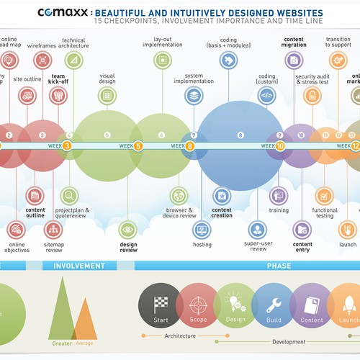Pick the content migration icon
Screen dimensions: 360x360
tap(293, 60)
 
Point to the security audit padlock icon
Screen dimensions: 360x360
tap(312, 96)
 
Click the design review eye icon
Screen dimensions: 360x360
tap(128, 230)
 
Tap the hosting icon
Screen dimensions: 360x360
tap(202, 230)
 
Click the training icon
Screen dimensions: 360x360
tap(279, 195)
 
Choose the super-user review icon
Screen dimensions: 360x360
tap(257, 230)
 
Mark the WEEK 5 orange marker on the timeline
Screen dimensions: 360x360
tap(138, 145)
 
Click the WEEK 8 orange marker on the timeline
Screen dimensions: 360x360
tap(190, 145)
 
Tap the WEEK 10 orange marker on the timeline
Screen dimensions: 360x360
tap(280, 145)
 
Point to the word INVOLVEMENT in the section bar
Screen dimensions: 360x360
tap(79, 266)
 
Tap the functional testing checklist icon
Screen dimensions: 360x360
tap(324, 195)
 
